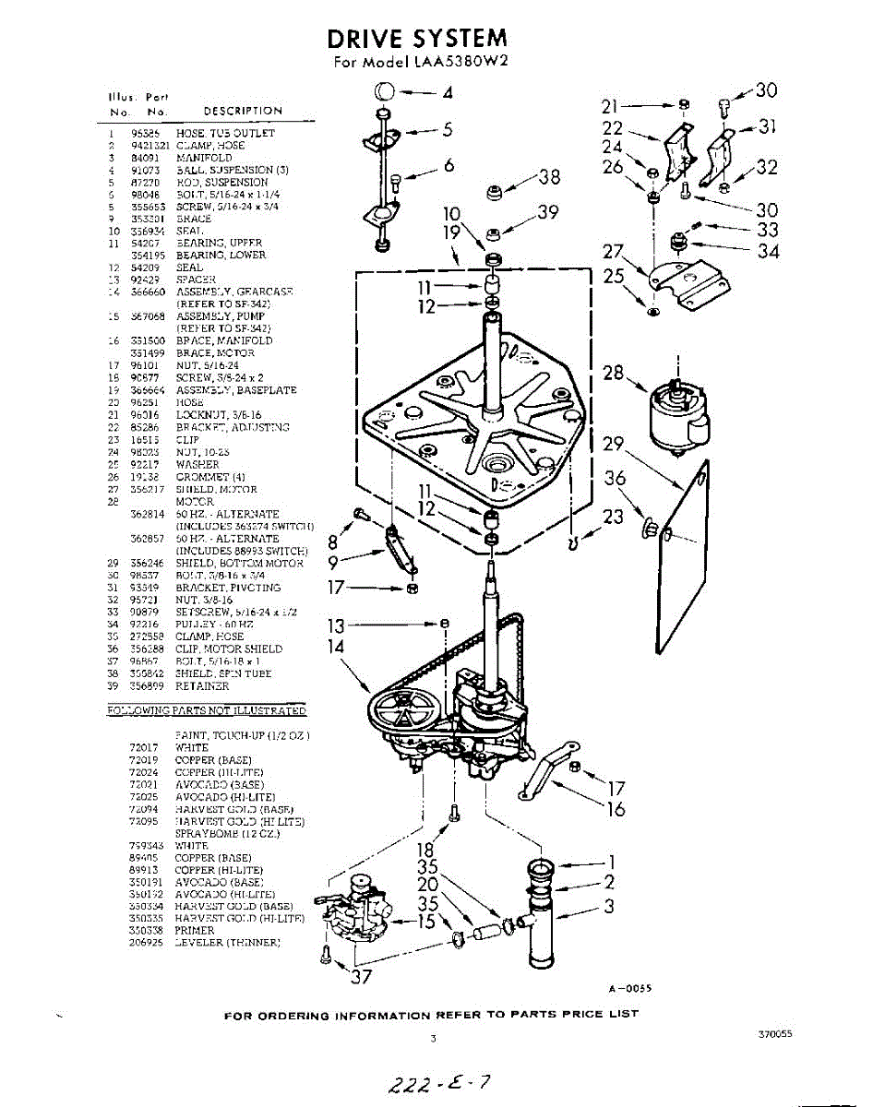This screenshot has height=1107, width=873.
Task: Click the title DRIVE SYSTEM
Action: click(417, 38)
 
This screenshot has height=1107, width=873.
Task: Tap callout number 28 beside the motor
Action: click(613, 372)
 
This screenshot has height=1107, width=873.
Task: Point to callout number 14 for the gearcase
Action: click(335, 647)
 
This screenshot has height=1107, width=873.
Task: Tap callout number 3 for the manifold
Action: click(609, 906)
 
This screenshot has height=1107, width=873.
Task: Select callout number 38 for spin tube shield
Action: click(549, 177)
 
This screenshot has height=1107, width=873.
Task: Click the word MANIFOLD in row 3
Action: click(204, 158)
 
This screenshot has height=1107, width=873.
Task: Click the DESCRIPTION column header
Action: click(243, 111)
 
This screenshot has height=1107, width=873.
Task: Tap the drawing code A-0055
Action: click(630, 988)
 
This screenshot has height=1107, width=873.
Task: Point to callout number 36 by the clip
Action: click(615, 478)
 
